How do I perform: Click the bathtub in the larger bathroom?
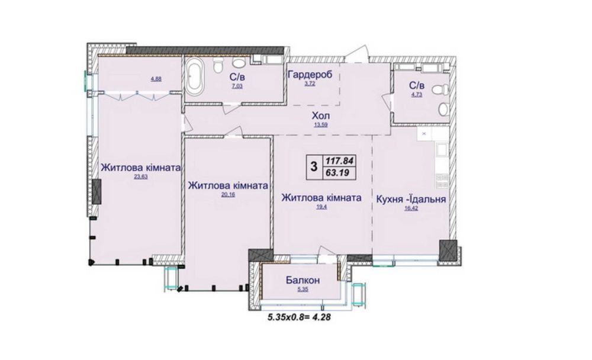195,79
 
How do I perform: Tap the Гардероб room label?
310,75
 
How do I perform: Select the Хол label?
320,115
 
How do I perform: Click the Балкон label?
303,280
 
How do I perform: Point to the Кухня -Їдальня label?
411,199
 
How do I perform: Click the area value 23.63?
140,176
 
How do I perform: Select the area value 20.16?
228,195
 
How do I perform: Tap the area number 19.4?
321,207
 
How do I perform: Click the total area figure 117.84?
339,160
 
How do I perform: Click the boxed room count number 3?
313,166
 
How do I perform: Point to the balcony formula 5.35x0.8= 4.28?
299,317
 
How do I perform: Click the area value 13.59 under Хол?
320,125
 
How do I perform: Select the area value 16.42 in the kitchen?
411,208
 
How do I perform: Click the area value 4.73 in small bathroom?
417,94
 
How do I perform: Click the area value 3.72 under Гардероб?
310,83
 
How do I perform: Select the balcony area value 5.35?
303,290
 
